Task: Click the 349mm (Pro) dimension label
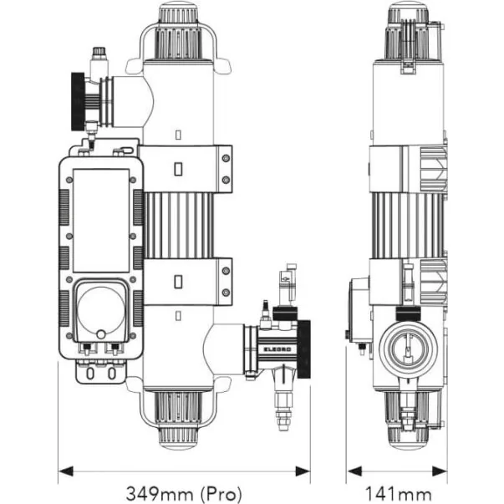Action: click(184, 493)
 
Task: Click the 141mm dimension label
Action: click(399, 494)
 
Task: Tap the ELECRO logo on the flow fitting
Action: click(277, 349)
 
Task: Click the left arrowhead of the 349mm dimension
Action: click(66, 472)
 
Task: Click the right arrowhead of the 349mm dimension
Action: click(303, 472)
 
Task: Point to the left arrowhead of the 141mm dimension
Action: click(354, 472)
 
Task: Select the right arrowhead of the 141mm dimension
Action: click(440, 472)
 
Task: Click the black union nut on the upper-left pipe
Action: click(78, 102)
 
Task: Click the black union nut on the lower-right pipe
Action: click(303, 349)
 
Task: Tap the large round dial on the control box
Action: click(101, 310)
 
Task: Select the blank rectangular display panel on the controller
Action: click(101, 221)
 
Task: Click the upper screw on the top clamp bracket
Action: click(226, 159)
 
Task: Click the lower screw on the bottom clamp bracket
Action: click(226, 293)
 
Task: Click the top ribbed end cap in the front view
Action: click(178, 31)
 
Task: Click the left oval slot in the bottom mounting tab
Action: click(90, 374)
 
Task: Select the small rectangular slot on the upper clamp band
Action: click(178, 169)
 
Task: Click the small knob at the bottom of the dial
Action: click(101, 334)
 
